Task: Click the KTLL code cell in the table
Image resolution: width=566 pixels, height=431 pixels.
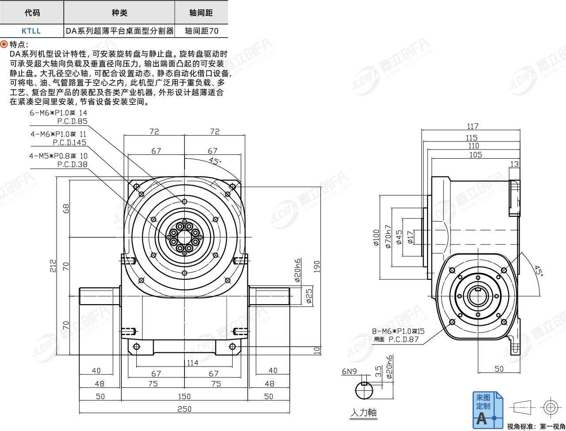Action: [x=31, y=31]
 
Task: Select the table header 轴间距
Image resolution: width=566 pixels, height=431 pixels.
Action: [x=201, y=13]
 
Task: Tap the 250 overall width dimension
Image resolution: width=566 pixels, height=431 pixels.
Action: [x=184, y=409]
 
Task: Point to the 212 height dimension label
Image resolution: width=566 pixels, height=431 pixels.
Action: [x=53, y=265]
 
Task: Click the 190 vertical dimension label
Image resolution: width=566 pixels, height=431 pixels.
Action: [x=317, y=267]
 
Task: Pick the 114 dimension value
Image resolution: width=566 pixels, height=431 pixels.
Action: [x=192, y=363]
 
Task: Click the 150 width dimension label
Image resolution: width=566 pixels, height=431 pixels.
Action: [x=184, y=397]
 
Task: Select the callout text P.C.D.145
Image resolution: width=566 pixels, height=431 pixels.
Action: [x=70, y=142]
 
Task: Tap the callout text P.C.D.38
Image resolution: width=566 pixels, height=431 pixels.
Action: [x=72, y=164]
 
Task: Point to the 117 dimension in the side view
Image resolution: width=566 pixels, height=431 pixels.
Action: [x=473, y=126]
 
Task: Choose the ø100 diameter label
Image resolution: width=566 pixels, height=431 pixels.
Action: [x=376, y=238]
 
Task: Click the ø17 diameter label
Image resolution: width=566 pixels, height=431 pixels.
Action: [x=410, y=237]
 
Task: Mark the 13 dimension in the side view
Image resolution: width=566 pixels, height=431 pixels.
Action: [x=514, y=164]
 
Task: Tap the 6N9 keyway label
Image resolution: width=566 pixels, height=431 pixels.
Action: [x=349, y=371]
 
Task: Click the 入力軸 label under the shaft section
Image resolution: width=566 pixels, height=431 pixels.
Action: [x=363, y=412]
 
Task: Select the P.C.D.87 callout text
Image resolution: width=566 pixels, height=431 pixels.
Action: [x=404, y=339]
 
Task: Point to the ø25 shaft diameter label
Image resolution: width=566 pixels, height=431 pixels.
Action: [x=309, y=296]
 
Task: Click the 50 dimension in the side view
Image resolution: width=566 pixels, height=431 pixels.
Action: [x=499, y=369]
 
